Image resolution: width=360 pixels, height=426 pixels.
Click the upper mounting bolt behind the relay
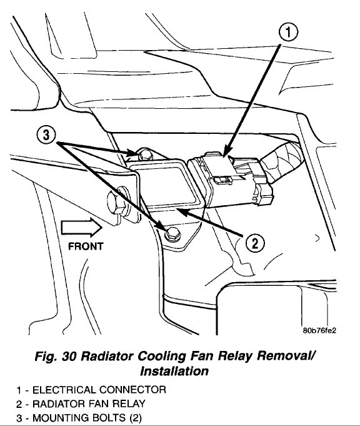point(143,154)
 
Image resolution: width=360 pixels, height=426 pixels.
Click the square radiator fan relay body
point(165,185)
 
